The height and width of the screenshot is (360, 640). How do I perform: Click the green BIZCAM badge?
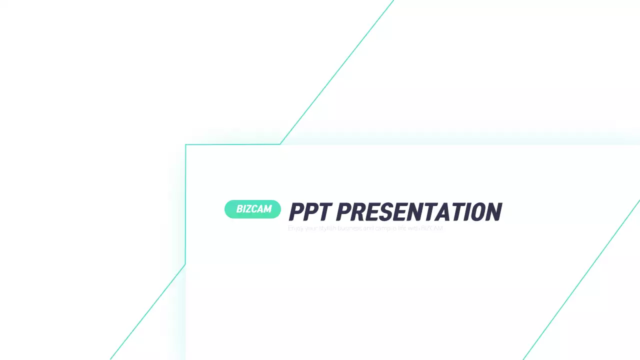(x=252, y=209)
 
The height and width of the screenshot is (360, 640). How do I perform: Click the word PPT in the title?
(x=309, y=212)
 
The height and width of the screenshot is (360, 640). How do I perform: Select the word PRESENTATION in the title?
(x=419, y=212)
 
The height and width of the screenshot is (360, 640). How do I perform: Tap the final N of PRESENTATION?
(x=493, y=212)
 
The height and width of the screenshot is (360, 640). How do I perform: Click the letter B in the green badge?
(x=240, y=209)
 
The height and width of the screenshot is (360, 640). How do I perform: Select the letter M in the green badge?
(x=267, y=209)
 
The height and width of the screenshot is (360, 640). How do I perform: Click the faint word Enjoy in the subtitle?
(x=295, y=228)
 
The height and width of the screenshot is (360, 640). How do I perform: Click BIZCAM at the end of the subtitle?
(x=433, y=228)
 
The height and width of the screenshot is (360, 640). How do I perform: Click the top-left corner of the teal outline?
(x=185, y=145)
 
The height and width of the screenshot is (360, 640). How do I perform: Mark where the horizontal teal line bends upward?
(x=280, y=144)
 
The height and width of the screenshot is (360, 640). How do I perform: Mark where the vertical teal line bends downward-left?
(x=185, y=264)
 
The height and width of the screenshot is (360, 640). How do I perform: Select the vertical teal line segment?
(x=185, y=205)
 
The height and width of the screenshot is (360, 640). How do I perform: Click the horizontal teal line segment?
(x=232, y=144)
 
